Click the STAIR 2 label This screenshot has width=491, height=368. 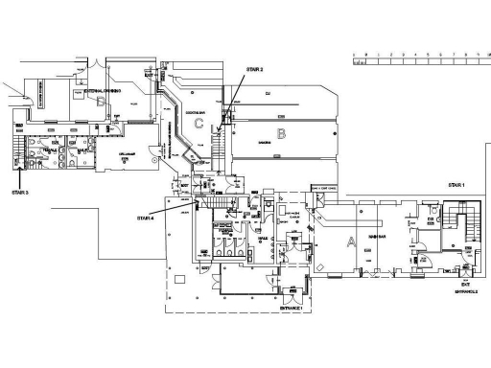point(255,70)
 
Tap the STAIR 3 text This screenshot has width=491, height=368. point(20,192)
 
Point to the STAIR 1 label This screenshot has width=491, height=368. point(456,184)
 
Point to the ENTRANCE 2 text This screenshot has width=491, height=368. point(466,290)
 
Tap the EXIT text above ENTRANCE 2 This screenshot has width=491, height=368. point(465,284)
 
